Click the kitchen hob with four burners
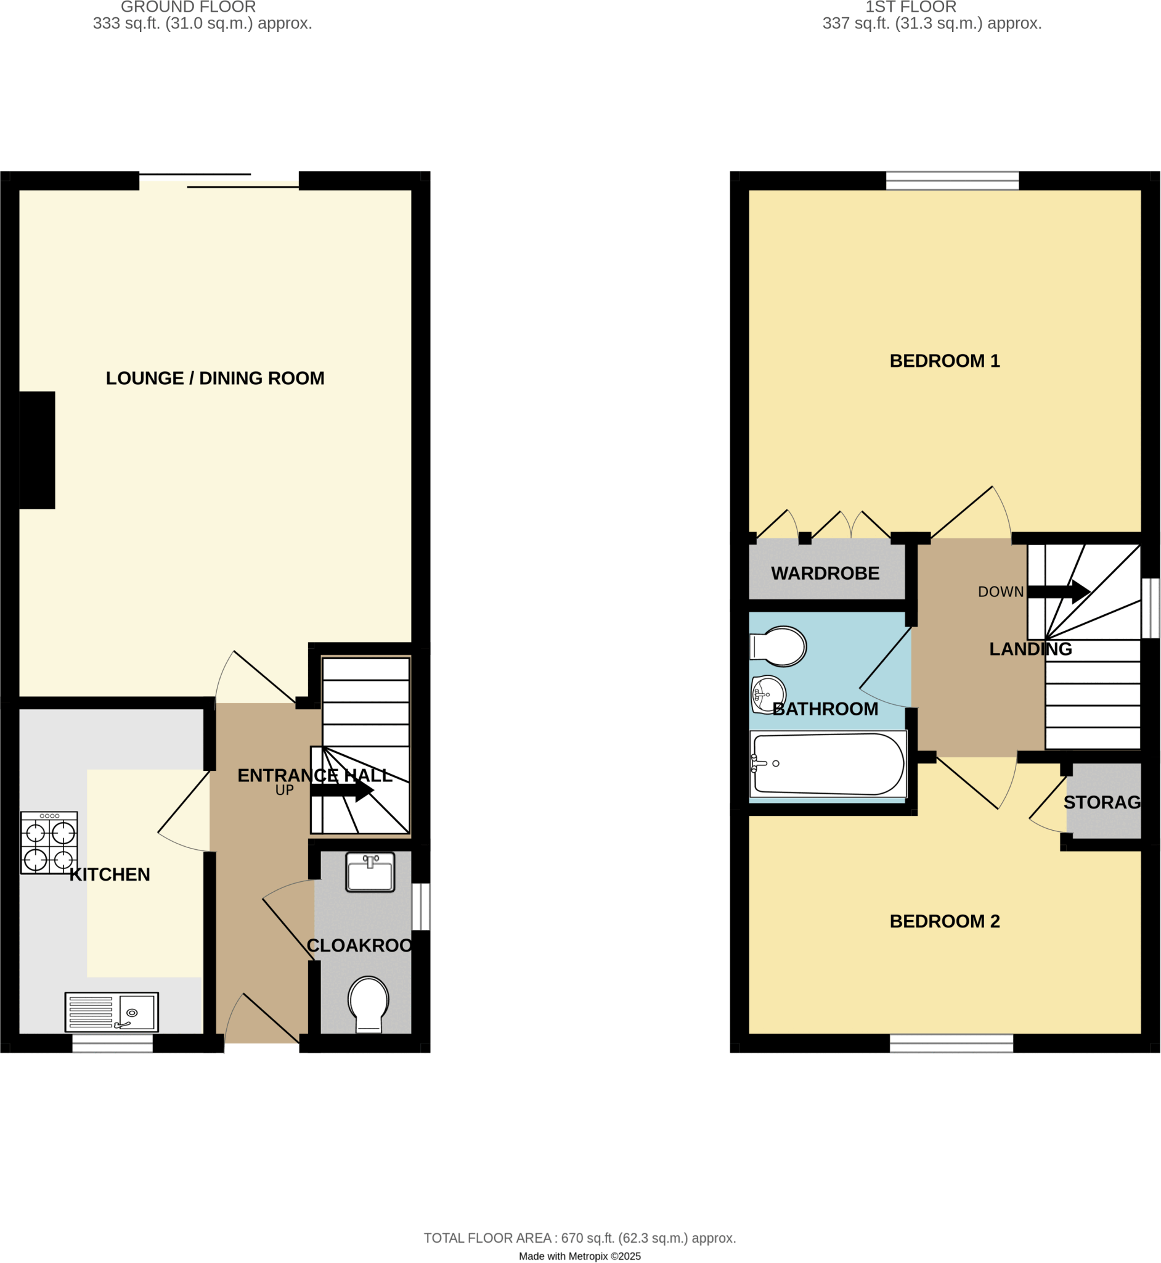(49, 842)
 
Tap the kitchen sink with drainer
(112, 1011)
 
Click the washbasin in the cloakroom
(370, 872)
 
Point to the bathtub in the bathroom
(828, 765)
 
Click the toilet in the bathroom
(780, 646)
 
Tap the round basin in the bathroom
(768, 694)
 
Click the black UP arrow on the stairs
(342, 790)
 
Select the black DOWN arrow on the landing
(1058, 591)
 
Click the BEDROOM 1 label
(944, 361)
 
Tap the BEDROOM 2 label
(944, 921)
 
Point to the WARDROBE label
(825, 574)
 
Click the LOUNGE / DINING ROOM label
(215, 378)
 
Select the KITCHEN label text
(109, 874)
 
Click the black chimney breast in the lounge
(37, 450)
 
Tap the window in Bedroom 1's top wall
(952, 181)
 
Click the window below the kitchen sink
(112, 1043)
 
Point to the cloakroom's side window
(421, 907)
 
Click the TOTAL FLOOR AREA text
(579, 1238)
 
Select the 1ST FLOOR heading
(910, 7)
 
